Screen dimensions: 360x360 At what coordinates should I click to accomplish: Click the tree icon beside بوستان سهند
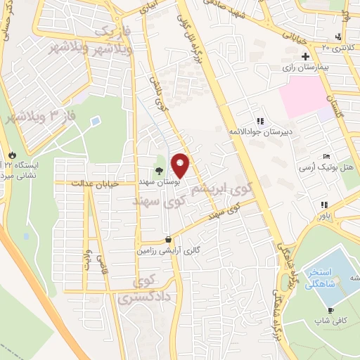pyautogui.click(x=160, y=170)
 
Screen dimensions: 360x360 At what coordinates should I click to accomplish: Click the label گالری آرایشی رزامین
pyautogui.click(x=166, y=250)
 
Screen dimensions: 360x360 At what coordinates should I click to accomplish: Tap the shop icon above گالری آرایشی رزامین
pyautogui.click(x=167, y=238)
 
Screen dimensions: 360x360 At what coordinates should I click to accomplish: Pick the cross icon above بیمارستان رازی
pyautogui.click(x=305, y=56)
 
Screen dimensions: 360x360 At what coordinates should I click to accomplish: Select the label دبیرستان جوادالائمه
pyautogui.click(x=261, y=131)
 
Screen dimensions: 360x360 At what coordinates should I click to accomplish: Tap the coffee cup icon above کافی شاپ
pyautogui.click(x=330, y=310)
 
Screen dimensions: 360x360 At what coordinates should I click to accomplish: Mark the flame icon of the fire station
pyautogui.click(x=11, y=154)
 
